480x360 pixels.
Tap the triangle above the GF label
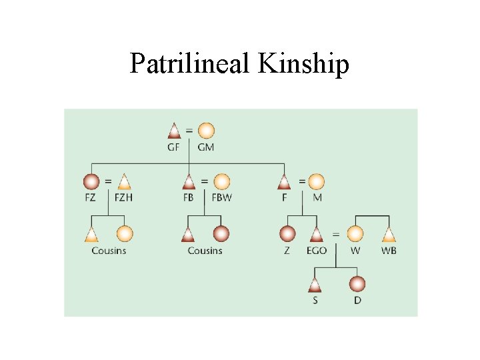[x=174, y=130]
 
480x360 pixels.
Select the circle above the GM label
[x=206, y=130]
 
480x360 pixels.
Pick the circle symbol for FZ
[x=91, y=181]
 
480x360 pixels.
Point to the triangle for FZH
[x=123, y=181]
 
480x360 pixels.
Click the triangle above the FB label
[x=189, y=181]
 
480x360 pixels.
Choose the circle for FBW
[x=221, y=181]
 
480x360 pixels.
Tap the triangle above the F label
[x=284, y=181]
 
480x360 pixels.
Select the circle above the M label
[x=317, y=181]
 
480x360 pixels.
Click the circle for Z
[x=287, y=234]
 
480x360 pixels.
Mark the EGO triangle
[x=317, y=234]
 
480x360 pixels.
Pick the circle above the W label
[x=355, y=234]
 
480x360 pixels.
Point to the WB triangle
[x=389, y=234]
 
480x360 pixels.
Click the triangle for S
[x=315, y=285]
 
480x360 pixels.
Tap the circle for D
[x=358, y=285]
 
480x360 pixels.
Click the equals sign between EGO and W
[x=335, y=234]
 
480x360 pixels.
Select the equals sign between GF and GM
[x=190, y=129]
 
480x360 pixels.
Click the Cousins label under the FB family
[x=205, y=251]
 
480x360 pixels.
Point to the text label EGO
[x=317, y=251]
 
